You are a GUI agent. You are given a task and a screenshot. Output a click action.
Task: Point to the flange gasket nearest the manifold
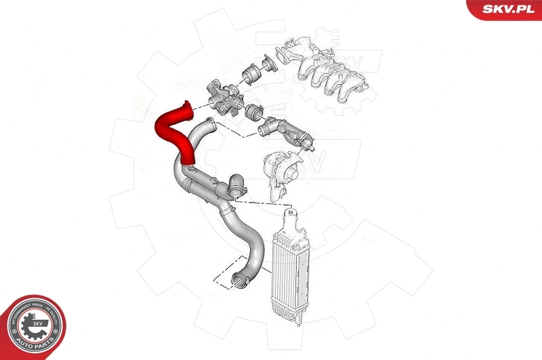(270, 63)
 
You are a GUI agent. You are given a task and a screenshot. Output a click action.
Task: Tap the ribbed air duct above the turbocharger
(291, 132)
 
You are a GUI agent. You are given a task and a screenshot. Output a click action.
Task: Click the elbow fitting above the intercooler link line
(237, 185)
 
